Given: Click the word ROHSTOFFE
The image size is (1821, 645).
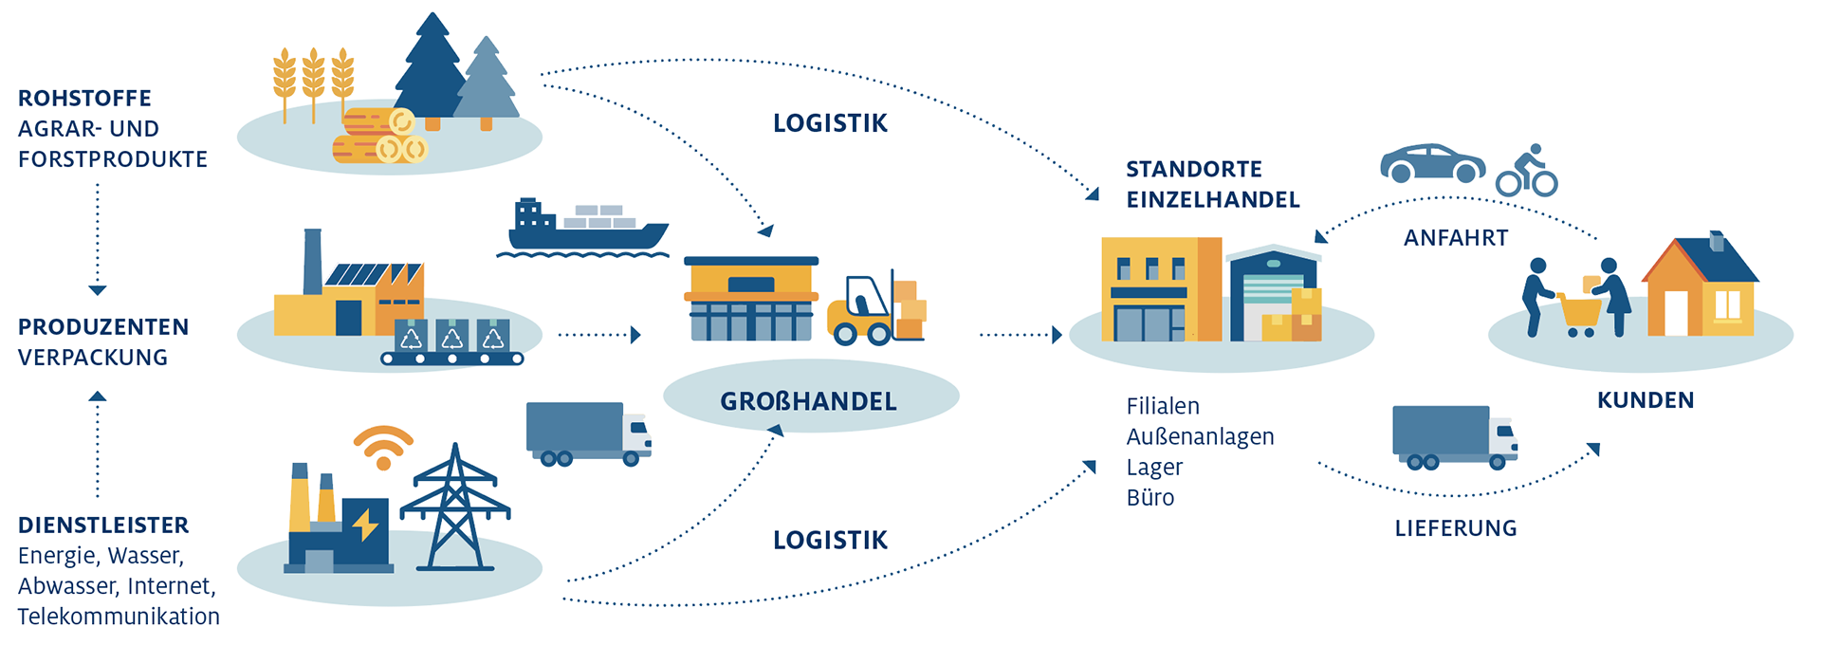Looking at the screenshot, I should pyautogui.click(x=84, y=99).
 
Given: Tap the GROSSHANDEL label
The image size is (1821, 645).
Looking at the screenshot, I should pyautogui.click(x=808, y=401).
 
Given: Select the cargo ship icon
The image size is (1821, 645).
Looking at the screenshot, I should pyautogui.click(x=583, y=228).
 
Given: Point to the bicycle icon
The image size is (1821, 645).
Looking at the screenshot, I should pyautogui.click(x=1526, y=173).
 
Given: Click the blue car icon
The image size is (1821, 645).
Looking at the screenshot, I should pyautogui.click(x=1432, y=164).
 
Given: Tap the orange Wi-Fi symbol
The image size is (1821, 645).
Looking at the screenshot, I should pyautogui.click(x=383, y=447).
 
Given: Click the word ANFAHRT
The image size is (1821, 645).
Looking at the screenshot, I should pyautogui.click(x=1455, y=238).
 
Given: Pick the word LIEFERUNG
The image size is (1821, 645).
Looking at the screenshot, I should pyautogui.click(x=1455, y=528).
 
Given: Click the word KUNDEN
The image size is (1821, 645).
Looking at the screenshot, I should pyautogui.click(x=1645, y=400).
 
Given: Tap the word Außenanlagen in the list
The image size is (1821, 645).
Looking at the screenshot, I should pyautogui.click(x=1200, y=436).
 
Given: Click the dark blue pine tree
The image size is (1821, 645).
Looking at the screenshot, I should pyautogui.click(x=432, y=71).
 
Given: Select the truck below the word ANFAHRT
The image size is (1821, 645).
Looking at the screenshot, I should pyautogui.click(x=1454, y=436).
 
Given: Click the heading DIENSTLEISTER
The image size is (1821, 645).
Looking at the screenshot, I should pyautogui.click(x=103, y=525).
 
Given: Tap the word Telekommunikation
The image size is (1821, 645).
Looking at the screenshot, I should pyautogui.click(x=119, y=617).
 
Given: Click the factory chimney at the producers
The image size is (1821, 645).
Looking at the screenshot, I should pyautogui.click(x=312, y=262).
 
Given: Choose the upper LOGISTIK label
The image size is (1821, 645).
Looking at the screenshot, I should pyautogui.click(x=830, y=123).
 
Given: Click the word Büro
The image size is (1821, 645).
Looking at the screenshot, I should pyautogui.click(x=1150, y=498).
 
